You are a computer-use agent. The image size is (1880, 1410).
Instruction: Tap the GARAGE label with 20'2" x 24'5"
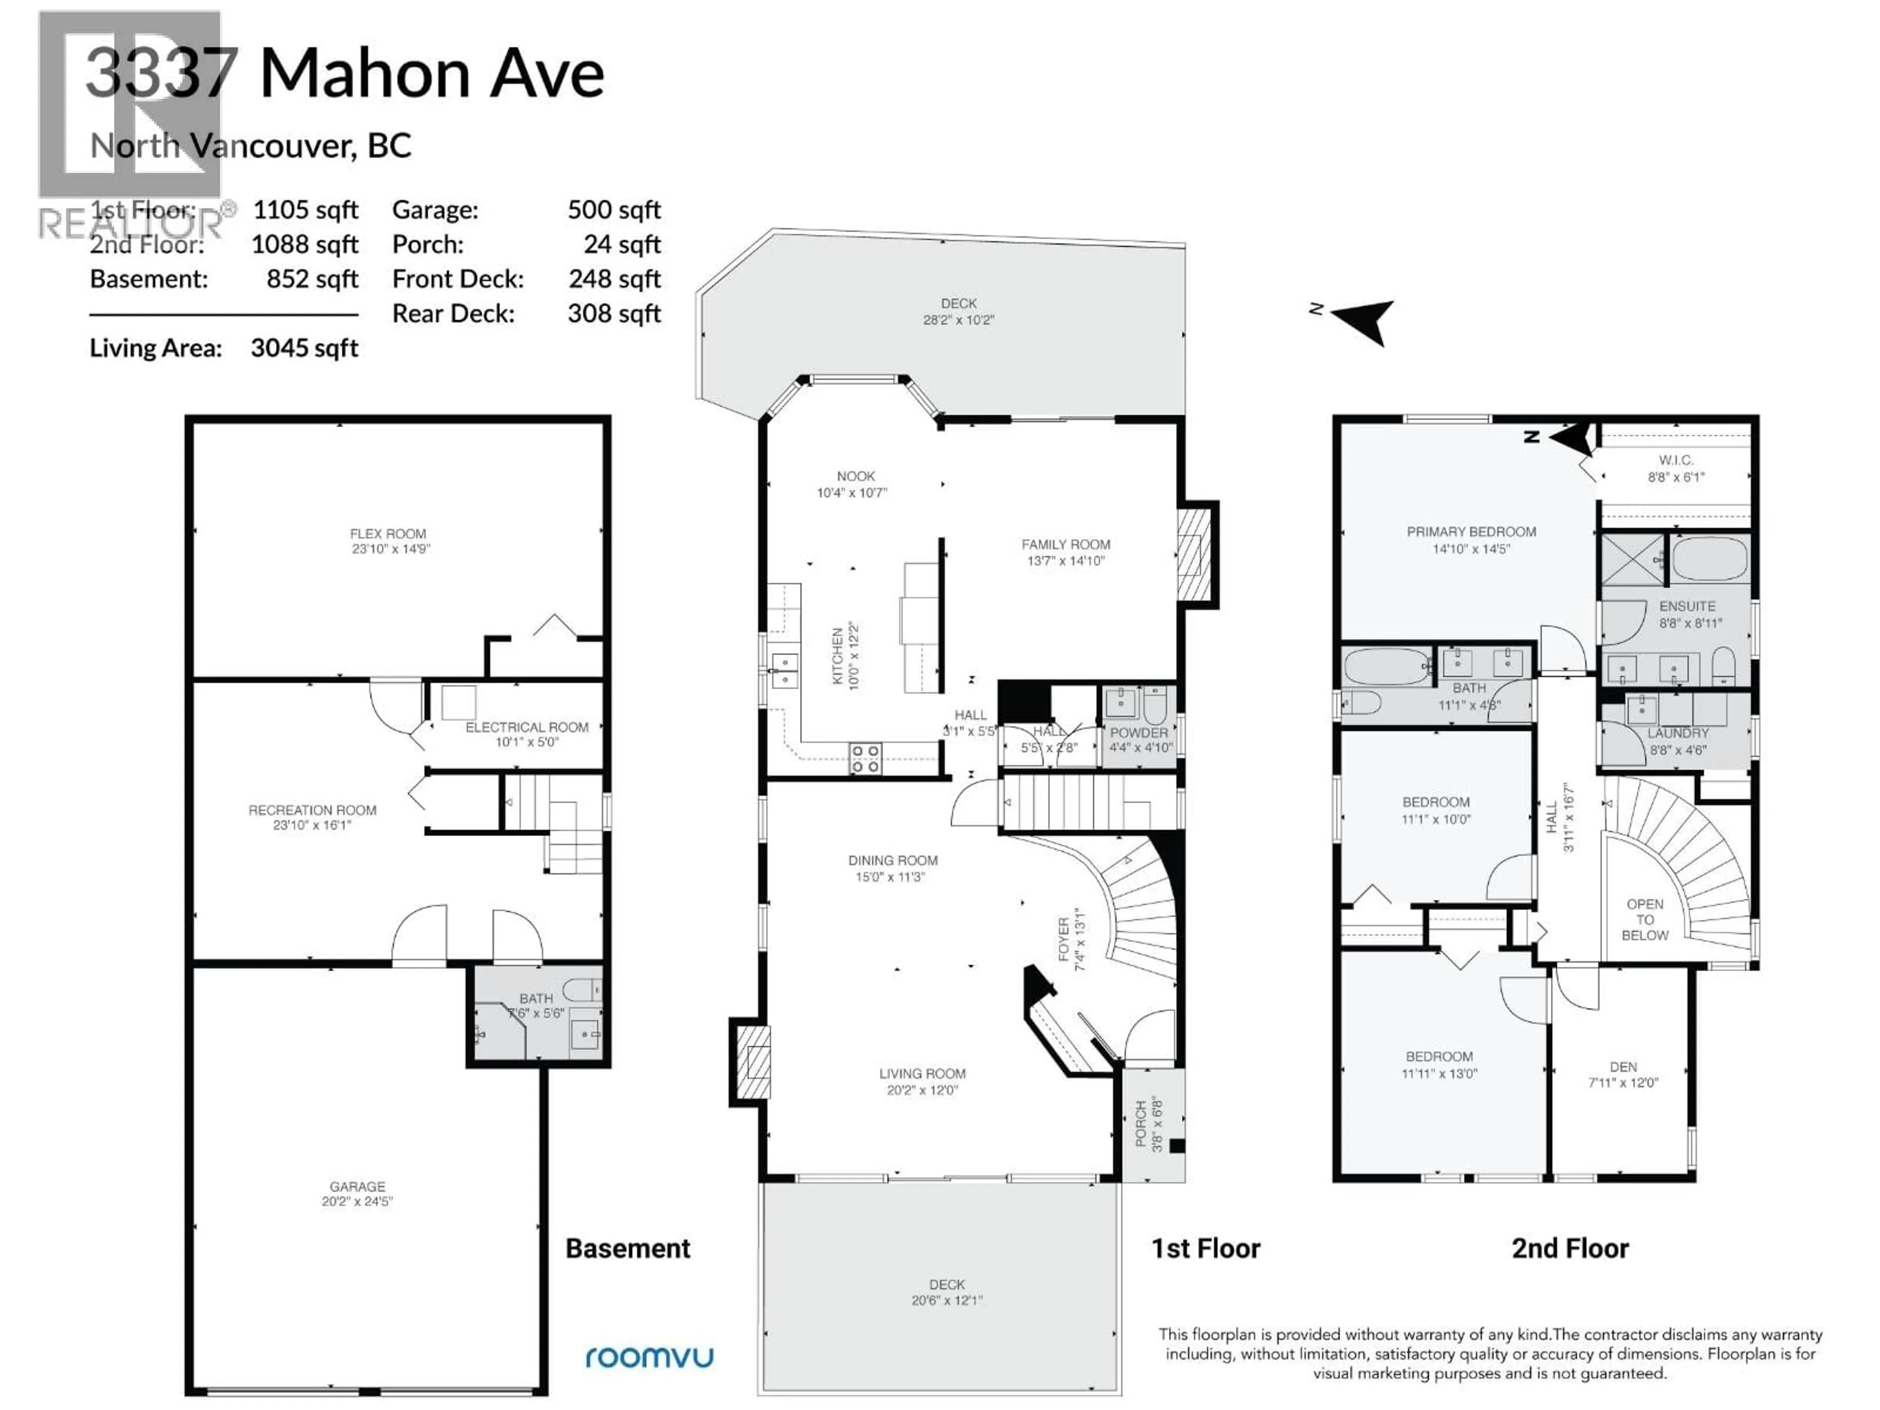pos(357,1193)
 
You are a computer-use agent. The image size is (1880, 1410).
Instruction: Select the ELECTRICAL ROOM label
pos(526,733)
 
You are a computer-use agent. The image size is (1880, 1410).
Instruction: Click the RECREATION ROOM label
pos(312,817)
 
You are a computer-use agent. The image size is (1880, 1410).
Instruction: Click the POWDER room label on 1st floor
pos(1139,739)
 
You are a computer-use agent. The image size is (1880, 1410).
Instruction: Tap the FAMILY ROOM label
pos(1066,552)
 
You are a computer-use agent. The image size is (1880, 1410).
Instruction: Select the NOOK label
pos(854,484)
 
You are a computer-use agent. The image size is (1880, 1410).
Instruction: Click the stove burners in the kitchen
pos(865,758)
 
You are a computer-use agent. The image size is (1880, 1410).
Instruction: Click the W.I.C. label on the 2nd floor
pos(1675,469)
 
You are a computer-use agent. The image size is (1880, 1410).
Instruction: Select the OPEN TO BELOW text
pos(1645,919)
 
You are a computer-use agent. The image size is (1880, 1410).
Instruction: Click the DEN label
pos(1622,1074)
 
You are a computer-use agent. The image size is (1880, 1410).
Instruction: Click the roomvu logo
pos(649,1357)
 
